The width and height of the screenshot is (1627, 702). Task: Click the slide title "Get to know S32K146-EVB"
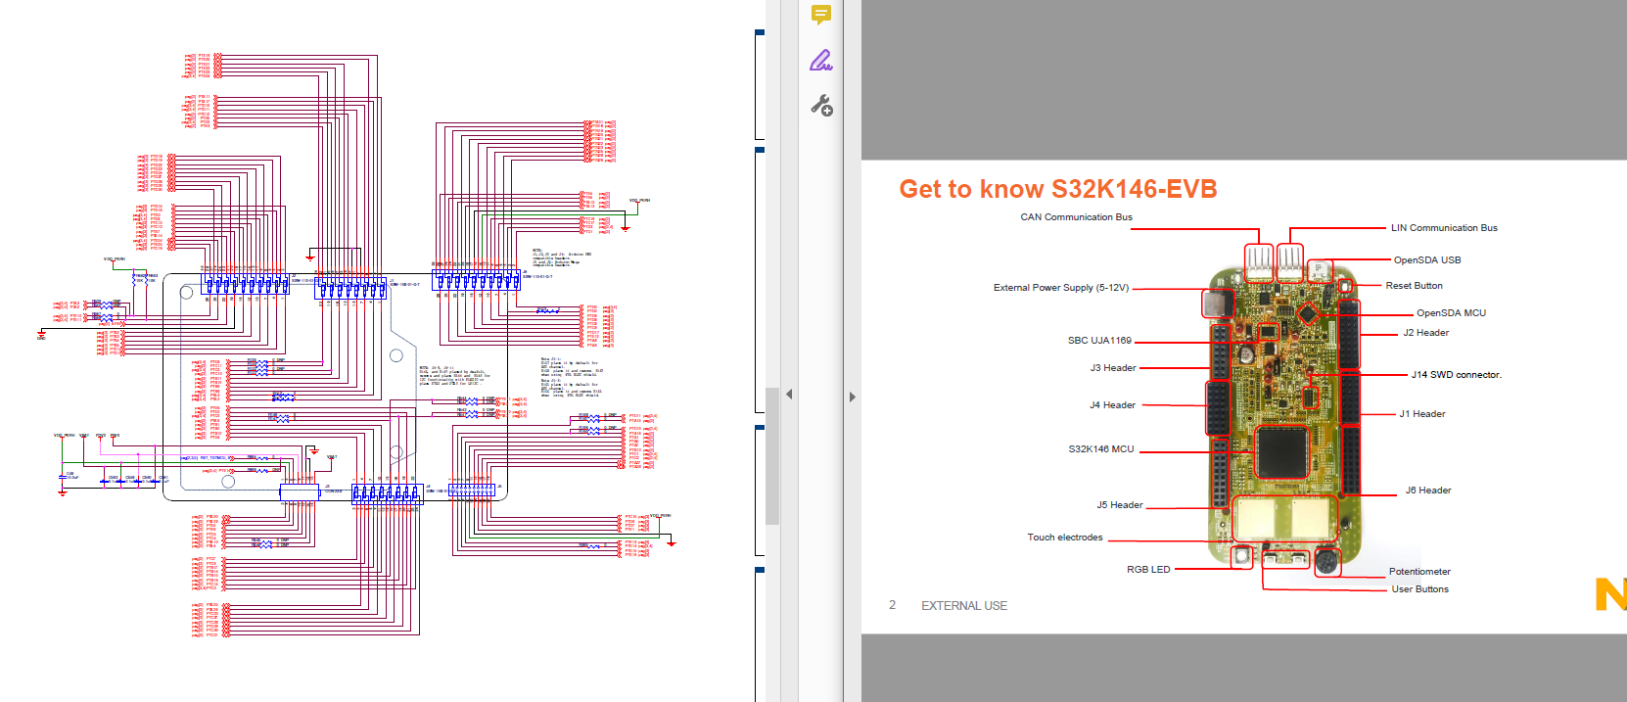coord(1057,189)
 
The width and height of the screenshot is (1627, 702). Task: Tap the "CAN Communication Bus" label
coord(1076,217)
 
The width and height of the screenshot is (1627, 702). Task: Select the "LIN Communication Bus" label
coord(1444,228)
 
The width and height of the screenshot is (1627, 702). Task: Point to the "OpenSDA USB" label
coord(1426,260)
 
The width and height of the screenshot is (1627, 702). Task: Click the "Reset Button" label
coord(1414,286)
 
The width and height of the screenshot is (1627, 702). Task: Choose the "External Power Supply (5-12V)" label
coord(1060,288)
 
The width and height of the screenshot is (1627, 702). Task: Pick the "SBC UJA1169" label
coord(1098,341)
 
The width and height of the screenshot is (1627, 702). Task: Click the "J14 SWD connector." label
coord(1456,375)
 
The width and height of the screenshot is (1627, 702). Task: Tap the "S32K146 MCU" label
coord(1100,449)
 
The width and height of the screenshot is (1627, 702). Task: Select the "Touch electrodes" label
coord(1064,538)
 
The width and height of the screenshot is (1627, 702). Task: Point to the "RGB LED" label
coord(1147,570)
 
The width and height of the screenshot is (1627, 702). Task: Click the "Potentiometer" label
coord(1418,572)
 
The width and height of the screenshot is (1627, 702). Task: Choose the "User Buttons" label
coord(1419,589)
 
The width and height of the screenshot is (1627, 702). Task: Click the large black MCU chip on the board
coord(1281,451)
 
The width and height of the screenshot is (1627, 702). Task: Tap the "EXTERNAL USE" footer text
coord(963,606)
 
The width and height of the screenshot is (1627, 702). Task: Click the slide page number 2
coord(892,605)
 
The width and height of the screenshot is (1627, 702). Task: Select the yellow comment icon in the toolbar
coord(821,15)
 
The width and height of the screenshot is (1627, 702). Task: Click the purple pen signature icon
coord(821,61)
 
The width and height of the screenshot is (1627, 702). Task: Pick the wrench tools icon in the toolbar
coord(821,106)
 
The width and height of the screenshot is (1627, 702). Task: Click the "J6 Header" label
coord(1427,491)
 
